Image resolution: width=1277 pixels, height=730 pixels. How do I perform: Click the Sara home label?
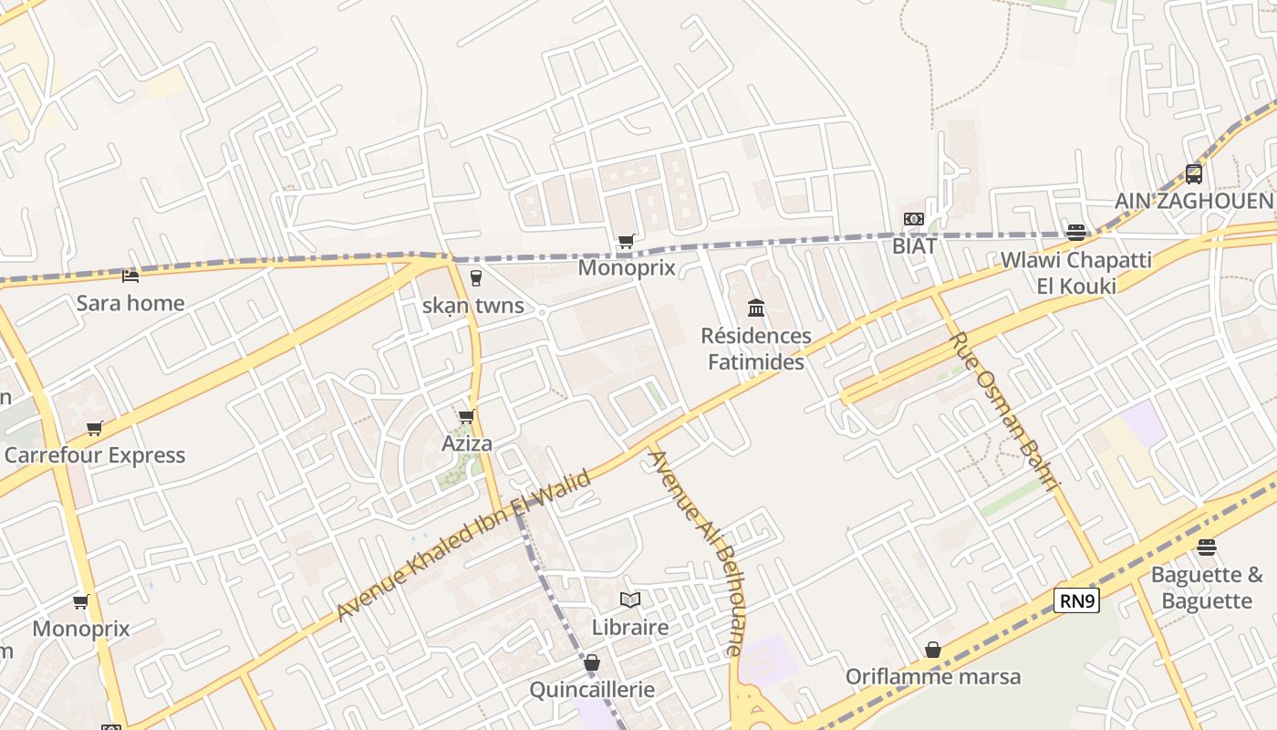click(130, 303)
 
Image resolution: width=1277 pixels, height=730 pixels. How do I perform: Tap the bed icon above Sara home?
click(130, 276)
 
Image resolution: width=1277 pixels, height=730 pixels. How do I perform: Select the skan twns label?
click(472, 306)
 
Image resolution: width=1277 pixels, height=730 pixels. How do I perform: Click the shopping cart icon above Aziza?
click(466, 417)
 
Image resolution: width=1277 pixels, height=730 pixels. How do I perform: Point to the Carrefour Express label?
click(95, 455)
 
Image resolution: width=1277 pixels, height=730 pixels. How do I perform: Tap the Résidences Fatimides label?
click(756, 349)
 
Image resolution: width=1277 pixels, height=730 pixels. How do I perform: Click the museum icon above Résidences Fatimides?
click(756, 308)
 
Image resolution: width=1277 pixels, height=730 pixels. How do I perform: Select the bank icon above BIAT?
click(913, 219)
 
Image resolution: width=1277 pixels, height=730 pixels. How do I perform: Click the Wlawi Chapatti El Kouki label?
click(1064, 273)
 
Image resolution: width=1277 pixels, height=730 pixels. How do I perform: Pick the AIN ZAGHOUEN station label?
click(1194, 201)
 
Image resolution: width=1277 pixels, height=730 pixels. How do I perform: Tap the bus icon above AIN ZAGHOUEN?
click(1194, 173)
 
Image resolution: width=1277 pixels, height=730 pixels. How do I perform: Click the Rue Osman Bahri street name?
click(1004, 412)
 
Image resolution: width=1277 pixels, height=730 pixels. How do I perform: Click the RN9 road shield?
click(1076, 600)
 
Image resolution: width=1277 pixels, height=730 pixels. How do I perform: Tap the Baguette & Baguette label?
click(1207, 588)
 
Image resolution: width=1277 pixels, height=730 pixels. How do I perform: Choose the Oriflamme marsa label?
click(932, 677)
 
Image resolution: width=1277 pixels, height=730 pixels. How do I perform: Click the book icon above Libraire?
click(629, 600)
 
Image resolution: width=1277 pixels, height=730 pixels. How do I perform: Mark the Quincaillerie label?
click(592, 689)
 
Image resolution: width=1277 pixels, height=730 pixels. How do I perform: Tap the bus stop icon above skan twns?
click(474, 278)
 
